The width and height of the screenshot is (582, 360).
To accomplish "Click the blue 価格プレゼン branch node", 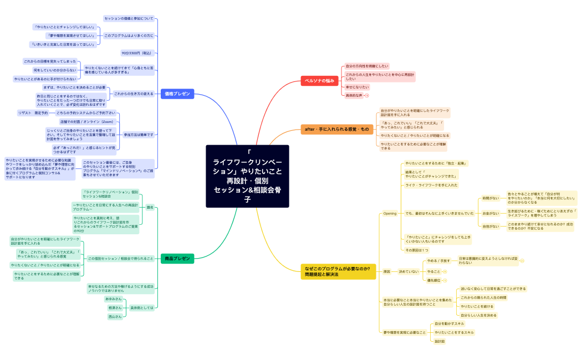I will point(177,94).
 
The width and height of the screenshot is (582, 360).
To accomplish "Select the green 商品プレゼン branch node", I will point(177,259).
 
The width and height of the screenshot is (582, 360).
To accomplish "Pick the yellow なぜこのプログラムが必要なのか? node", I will point(336,271).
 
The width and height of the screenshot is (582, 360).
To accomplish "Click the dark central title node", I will point(247,176).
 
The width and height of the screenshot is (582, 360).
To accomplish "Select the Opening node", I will point(390,213).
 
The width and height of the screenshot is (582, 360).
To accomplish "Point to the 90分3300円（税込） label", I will point(136,53).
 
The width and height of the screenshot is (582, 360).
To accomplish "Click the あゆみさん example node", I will point(113,299).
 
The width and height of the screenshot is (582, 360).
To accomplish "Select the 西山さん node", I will point(115,317).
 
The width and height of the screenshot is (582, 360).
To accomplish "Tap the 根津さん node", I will point(115,307).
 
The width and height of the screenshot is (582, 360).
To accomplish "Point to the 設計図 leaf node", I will point(440,341).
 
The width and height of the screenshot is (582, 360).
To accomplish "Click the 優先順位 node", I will point(433,280).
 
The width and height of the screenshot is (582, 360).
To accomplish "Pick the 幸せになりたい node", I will point(357,87).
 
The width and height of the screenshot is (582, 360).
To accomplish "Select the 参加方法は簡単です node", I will point(138,135).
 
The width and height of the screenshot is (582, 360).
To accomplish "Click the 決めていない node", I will point(409,271).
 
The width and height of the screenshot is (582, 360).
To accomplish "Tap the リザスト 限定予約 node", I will point(33,113).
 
